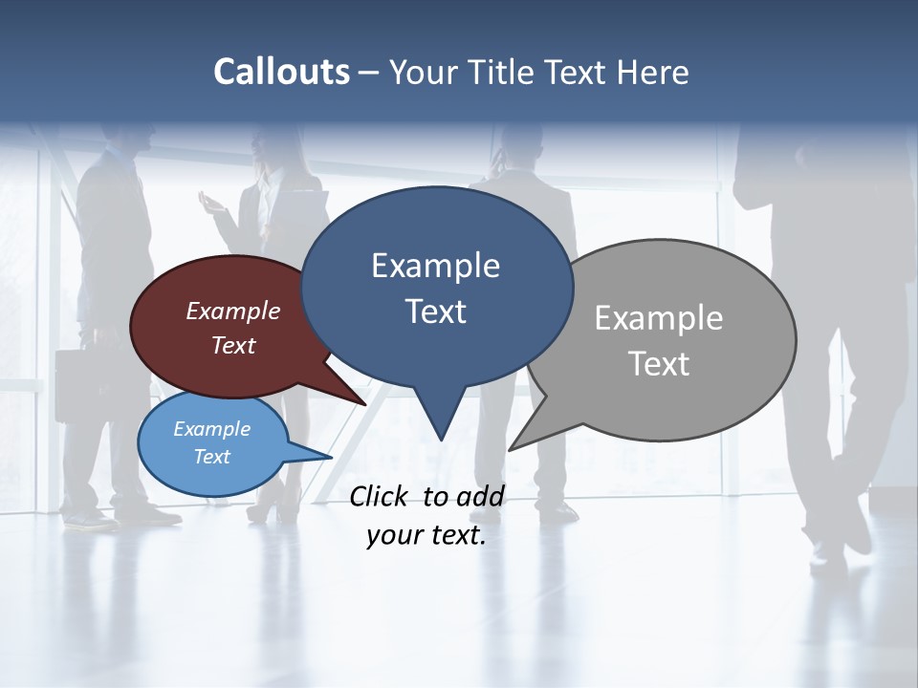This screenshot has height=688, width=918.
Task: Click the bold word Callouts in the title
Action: pyautogui.click(x=281, y=72)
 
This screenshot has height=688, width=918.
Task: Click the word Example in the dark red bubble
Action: pyautogui.click(x=233, y=311)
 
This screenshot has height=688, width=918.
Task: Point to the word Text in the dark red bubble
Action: pyautogui.click(x=233, y=345)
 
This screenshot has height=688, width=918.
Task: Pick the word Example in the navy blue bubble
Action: pyautogui.click(x=435, y=266)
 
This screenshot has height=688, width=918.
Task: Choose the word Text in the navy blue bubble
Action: pyautogui.click(x=435, y=312)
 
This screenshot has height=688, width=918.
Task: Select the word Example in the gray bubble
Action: pyautogui.click(x=659, y=318)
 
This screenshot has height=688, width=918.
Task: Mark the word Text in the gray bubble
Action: pyautogui.click(x=659, y=364)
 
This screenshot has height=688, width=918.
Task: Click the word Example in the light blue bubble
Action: pyautogui.click(x=211, y=429)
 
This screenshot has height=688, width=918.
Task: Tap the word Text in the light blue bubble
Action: pyautogui.click(x=211, y=457)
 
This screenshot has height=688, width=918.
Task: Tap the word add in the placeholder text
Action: pyautogui.click(x=480, y=496)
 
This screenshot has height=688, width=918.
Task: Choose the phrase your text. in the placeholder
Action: pyautogui.click(x=426, y=535)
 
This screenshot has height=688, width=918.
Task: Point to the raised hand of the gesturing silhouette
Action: pyautogui.click(x=208, y=202)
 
